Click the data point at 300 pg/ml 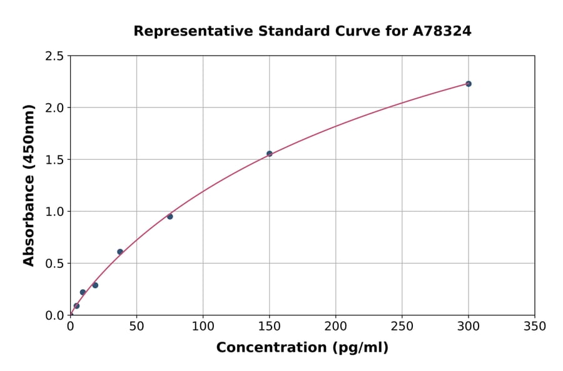click(468, 84)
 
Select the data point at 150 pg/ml click(270, 154)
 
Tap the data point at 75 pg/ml click(170, 217)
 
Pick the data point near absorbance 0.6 click(120, 252)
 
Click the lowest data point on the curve click(76, 306)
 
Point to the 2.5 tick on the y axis click(55, 56)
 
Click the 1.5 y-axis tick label click(55, 160)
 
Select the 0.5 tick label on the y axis click(55, 264)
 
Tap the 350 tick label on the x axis click(534, 327)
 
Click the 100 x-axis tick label click(203, 327)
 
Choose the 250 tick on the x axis click(402, 327)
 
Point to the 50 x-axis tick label click(136, 327)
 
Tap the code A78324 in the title click(442, 31)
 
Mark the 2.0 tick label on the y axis click(55, 108)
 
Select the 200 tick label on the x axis click(335, 327)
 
